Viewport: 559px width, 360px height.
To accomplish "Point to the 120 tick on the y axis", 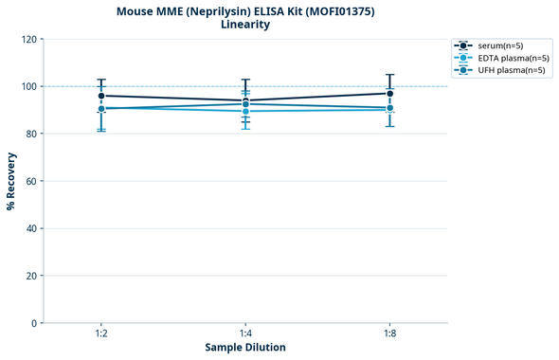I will click(x=28, y=39).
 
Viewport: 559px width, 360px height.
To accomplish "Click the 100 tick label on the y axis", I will click(x=28, y=86).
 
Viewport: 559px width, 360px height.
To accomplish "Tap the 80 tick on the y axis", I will click(x=31, y=134).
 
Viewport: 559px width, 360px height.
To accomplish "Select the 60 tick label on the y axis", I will click(x=31, y=181).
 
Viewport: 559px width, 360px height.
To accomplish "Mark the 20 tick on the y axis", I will click(x=31, y=276).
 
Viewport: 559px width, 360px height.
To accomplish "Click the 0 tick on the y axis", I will click(x=34, y=323).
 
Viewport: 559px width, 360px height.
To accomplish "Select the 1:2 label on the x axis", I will click(x=101, y=334).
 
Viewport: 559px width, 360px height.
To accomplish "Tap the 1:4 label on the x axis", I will click(x=245, y=334).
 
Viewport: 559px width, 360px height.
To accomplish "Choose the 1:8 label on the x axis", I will click(x=389, y=334).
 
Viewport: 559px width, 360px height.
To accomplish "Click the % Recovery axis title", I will click(x=11, y=181).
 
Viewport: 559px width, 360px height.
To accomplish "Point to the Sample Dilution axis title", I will click(x=245, y=348).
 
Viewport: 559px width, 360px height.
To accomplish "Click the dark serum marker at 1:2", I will click(x=101, y=96).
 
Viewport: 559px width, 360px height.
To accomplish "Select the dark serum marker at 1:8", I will click(x=389, y=93).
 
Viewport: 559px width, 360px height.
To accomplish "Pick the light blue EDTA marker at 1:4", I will click(x=245, y=111).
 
